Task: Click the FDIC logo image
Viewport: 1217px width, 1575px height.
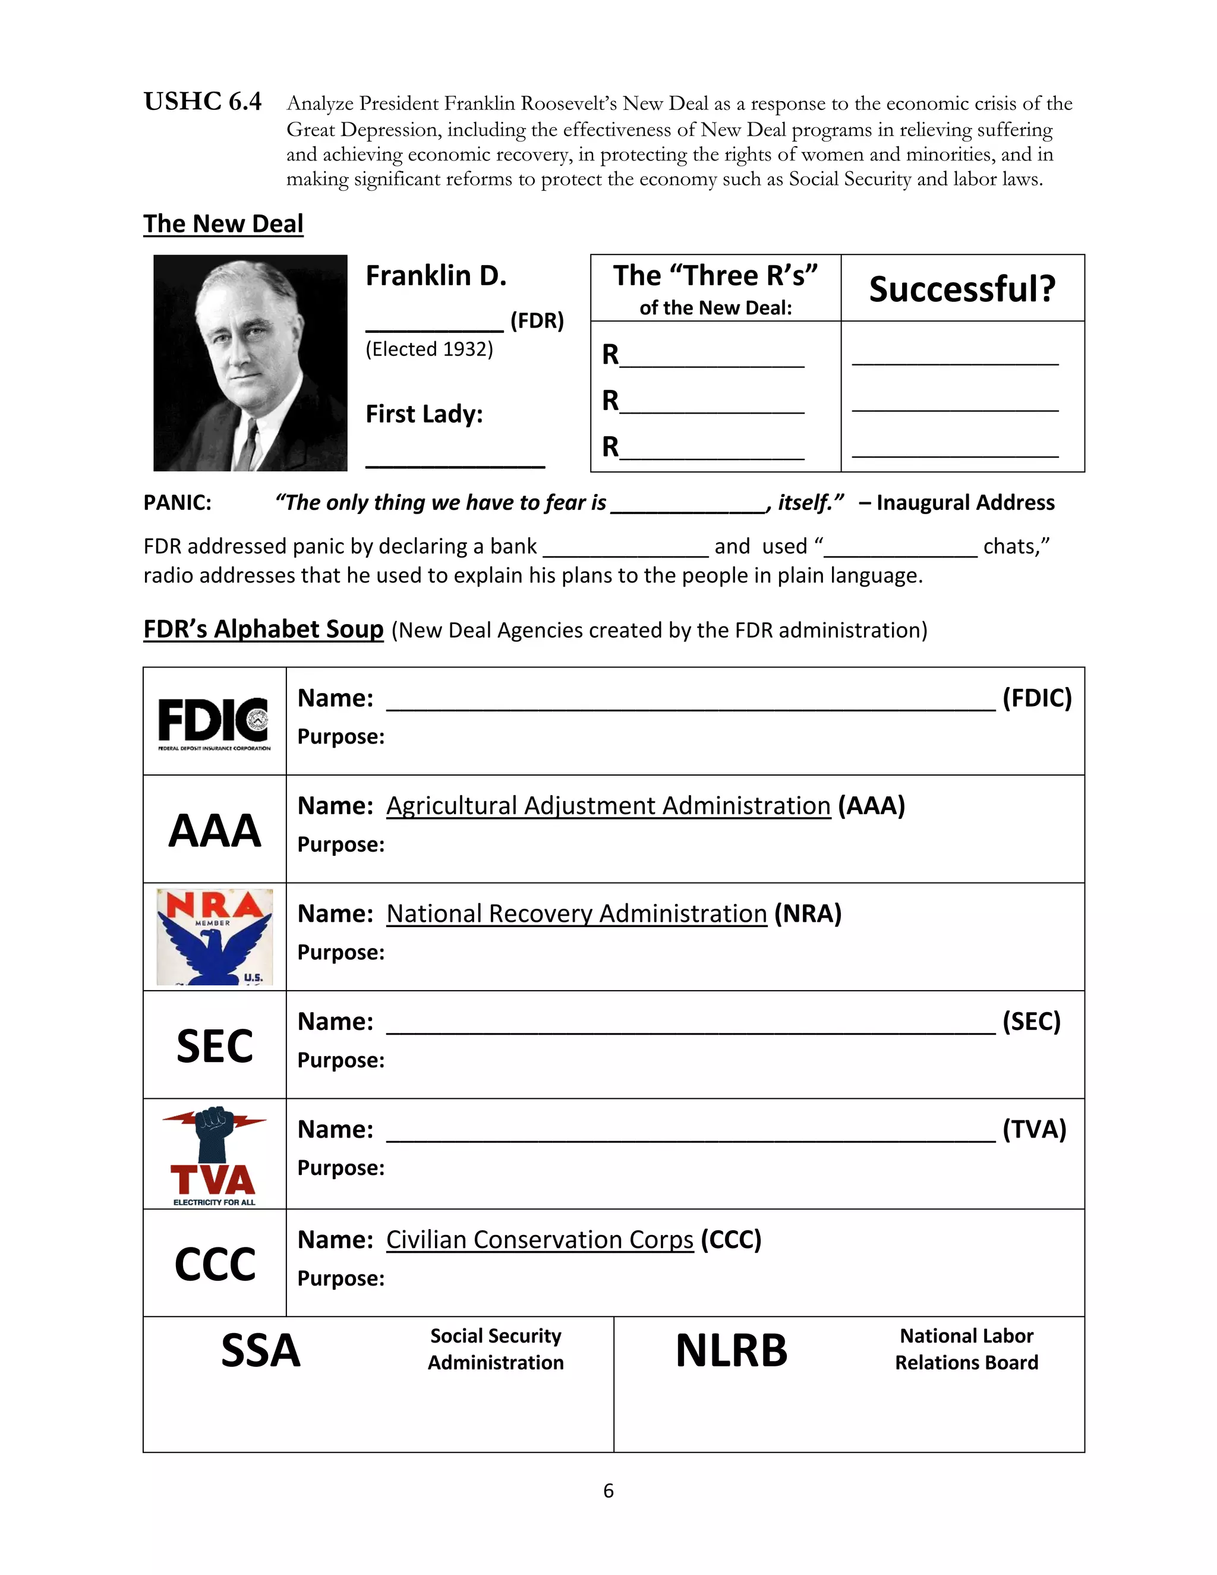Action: [214, 722]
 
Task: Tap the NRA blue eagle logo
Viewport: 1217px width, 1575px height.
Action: [214, 936]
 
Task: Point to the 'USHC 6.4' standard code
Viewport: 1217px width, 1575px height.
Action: [203, 102]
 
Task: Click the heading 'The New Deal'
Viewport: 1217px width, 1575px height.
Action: [223, 223]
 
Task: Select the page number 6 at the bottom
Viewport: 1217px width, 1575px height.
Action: [608, 1491]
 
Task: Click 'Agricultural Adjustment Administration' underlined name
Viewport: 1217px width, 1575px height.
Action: [608, 805]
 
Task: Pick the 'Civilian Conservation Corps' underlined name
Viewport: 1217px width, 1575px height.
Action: [540, 1239]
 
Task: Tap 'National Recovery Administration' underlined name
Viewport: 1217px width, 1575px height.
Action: [576, 913]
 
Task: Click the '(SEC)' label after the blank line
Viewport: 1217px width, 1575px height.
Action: [1031, 1021]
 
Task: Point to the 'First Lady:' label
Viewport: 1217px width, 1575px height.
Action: [424, 414]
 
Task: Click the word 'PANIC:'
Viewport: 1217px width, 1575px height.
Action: [177, 503]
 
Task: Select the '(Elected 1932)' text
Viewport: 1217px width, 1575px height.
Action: [429, 349]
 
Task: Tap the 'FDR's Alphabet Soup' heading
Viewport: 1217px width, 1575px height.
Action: [263, 629]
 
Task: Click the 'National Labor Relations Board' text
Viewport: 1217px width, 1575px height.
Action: [966, 1349]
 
